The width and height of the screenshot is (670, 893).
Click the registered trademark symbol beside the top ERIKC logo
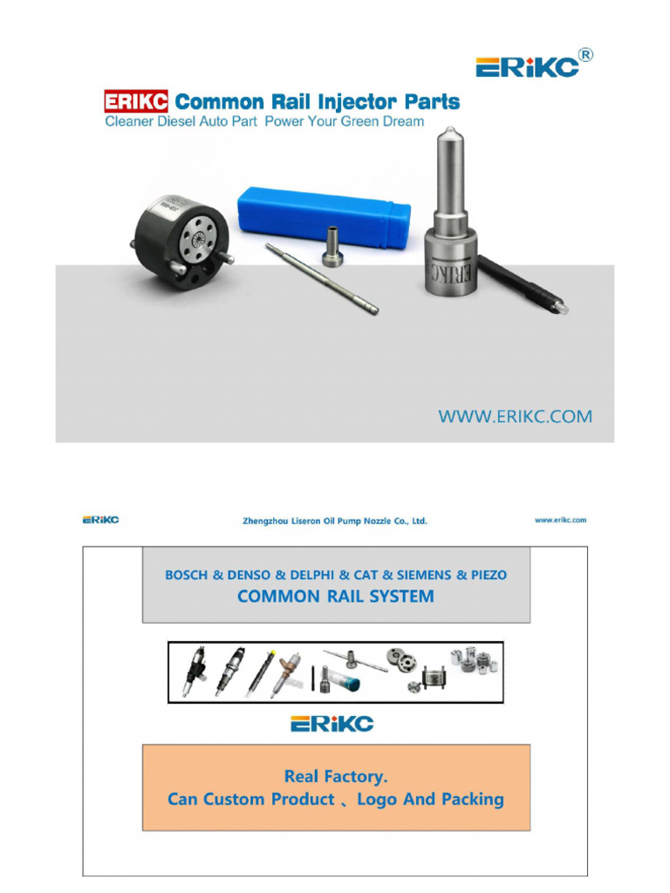[x=585, y=55]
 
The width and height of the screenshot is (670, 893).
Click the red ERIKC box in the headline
[x=136, y=101]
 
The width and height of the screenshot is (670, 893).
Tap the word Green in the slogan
[x=362, y=121]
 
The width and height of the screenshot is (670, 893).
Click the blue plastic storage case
[x=324, y=218]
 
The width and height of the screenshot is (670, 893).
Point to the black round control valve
[x=181, y=242]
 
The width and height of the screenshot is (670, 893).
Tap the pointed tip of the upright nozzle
[x=450, y=129]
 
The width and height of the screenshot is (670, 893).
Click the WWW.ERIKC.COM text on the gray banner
[x=515, y=416]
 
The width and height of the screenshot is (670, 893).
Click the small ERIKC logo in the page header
[x=101, y=520]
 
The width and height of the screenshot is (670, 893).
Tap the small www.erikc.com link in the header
[x=561, y=520]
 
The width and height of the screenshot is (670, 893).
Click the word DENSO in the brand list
[x=249, y=576]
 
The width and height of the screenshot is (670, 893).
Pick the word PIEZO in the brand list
[x=489, y=576]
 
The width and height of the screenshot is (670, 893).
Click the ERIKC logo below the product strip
[x=332, y=724]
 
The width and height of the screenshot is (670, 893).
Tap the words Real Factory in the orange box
[x=336, y=777]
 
